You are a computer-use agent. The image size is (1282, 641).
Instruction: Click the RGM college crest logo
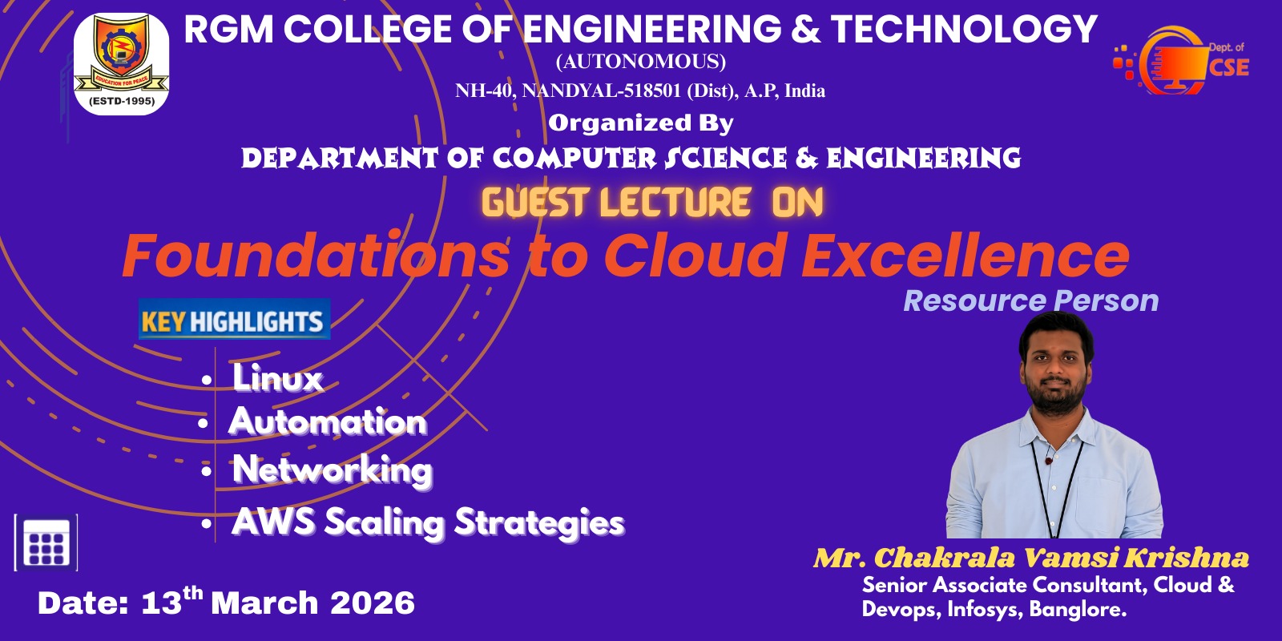[121, 63]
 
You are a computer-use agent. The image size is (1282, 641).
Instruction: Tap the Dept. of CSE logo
[1181, 61]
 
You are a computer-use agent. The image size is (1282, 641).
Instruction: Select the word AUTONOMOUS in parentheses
[640, 61]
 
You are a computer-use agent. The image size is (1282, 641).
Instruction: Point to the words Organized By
[640, 123]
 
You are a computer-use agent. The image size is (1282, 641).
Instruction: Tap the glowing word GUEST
[534, 202]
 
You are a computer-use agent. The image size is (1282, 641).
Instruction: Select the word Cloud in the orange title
[694, 255]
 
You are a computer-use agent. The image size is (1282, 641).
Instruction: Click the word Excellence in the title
[966, 255]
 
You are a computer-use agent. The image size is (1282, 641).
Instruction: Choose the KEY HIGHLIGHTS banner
[234, 320]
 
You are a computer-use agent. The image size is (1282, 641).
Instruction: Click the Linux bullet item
[277, 377]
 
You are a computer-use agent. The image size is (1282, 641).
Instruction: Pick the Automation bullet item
[328, 421]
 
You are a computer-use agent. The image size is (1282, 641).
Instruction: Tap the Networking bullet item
[333, 470]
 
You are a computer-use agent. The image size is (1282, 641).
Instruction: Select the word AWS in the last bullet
[273, 522]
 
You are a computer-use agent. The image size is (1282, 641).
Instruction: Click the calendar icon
[46, 542]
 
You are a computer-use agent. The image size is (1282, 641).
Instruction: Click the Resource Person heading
[1030, 300]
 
